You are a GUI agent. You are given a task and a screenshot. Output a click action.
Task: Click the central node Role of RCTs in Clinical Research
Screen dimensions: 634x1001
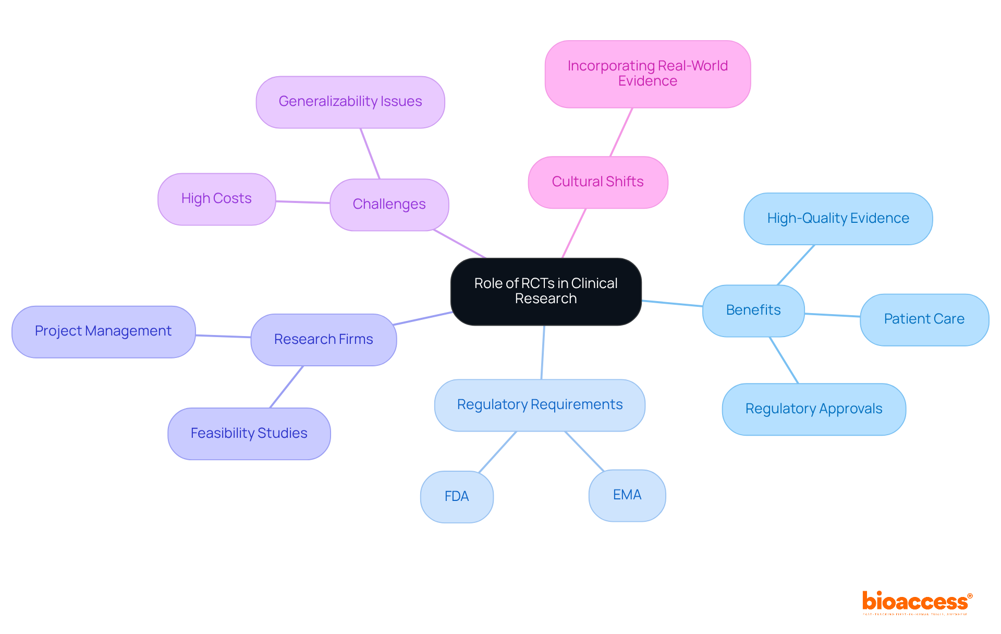[546, 291]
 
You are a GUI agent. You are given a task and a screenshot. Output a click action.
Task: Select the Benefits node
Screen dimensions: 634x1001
[753, 310]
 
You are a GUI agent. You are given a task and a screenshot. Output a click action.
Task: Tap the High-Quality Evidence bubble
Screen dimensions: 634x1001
[838, 219]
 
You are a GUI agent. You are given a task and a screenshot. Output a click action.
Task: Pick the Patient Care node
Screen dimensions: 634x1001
[924, 319]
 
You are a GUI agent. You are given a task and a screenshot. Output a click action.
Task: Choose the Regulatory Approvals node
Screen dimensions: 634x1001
[813, 409]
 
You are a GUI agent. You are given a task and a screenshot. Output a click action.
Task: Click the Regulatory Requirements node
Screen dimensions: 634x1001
[540, 405]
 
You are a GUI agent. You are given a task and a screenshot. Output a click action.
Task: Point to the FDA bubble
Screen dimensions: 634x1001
[457, 496]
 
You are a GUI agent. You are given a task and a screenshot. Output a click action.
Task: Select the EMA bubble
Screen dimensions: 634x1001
[627, 495]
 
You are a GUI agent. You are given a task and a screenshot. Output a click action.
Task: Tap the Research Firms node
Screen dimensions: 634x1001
[323, 340]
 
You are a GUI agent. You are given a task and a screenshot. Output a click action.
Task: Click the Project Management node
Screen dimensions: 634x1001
[103, 331]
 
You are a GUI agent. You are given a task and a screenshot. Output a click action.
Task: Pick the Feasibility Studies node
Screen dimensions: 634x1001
[249, 434]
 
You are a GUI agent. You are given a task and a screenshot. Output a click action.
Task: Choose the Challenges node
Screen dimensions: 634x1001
[389, 205]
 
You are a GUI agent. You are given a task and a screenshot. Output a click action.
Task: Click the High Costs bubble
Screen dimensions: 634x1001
[216, 199]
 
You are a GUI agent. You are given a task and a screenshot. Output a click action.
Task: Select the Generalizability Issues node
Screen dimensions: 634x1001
[350, 102]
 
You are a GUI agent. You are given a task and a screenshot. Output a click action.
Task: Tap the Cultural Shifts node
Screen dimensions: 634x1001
[597, 182]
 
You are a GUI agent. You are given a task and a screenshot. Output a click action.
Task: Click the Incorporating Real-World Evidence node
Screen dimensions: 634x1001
[648, 74]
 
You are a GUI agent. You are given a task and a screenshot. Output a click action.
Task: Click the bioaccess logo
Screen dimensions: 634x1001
[917, 602]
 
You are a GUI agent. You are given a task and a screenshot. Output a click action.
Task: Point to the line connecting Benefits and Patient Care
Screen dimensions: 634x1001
[832, 315]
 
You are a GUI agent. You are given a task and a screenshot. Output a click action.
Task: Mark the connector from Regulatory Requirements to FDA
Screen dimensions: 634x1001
[497, 452]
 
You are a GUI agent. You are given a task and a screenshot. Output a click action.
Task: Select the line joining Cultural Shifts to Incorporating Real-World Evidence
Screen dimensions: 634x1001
[621, 132]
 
